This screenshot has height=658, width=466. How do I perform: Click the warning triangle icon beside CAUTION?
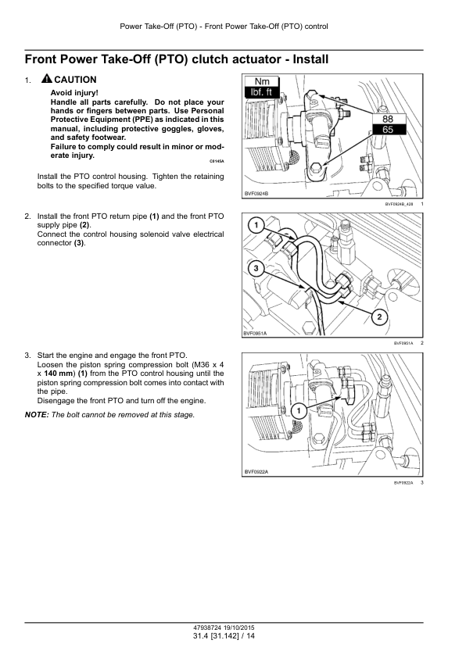[x=47, y=78]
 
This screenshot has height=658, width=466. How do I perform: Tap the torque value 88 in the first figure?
[x=388, y=120]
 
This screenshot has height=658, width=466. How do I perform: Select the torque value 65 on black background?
[x=388, y=130]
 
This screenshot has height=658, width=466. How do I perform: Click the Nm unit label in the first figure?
[x=262, y=81]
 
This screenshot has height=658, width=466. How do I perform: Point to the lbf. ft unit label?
[x=261, y=92]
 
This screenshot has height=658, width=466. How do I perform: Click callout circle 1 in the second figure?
[x=256, y=225]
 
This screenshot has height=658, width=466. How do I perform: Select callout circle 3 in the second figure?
[x=256, y=268]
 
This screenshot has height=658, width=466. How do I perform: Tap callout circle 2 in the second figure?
[x=379, y=316]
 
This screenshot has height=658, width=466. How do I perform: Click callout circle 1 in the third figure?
[x=299, y=410]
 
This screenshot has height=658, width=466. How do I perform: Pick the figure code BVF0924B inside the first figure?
[x=256, y=194]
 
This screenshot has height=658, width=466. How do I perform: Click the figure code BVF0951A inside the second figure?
[x=255, y=333]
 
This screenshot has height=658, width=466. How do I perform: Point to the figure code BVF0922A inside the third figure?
[x=256, y=472]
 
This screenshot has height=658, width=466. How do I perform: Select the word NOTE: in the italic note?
[x=37, y=415]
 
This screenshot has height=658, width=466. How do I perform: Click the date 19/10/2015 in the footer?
[x=239, y=628]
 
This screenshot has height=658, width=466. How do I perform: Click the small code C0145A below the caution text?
[x=217, y=161]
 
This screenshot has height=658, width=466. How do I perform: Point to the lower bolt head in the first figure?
[x=316, y=168]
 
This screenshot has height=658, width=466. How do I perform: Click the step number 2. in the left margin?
[x=27, y=216]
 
